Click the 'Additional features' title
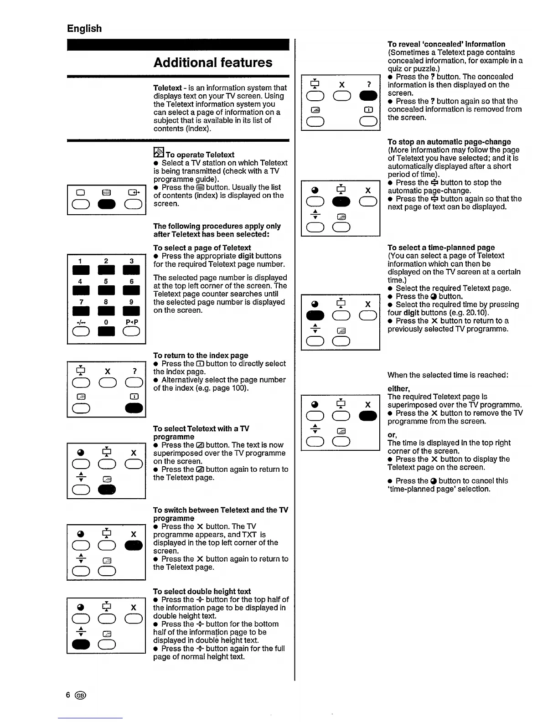click(x=212, y=62)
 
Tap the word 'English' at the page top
click(x=84, y=28)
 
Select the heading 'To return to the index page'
click(x=201, y=355)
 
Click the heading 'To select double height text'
click(x=202, y=591)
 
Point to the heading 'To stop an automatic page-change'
click(x=449, y=142)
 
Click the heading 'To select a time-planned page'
click(x=441, y=248)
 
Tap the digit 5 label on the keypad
click(x=106, y=281)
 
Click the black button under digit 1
click(x=81, y=270)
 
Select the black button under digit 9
click(x=131, y=311)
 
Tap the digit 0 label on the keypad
click(x=106, y=322)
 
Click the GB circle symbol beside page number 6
click(x=81, y=695)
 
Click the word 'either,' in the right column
click(x=398, y=388)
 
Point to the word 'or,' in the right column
click(x=392, y=434)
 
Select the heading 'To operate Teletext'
click(x=200, y=155)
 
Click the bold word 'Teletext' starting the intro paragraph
click(x=167, y=88)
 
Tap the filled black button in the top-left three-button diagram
click(x=106, y=204)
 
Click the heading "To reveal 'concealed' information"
click(x=446, y=44)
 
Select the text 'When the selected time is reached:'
click(x=448, y=375)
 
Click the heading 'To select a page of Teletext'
click(x=202, y=248)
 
